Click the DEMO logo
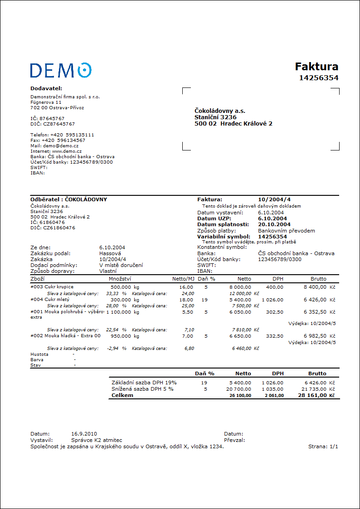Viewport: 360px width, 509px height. (61, 70)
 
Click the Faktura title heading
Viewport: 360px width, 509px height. (316, 67)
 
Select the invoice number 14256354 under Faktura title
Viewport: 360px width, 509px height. (318, 78)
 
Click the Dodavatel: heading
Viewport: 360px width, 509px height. (46, 88)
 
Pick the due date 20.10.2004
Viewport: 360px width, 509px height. (274, 224)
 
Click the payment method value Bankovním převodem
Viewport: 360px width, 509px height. (287, 231)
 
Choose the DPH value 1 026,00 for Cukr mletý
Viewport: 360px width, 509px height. (272, 300)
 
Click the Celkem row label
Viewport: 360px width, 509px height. (122, 395)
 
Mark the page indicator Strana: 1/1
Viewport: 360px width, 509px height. (323, 446)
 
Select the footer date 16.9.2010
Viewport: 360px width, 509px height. (84, 434)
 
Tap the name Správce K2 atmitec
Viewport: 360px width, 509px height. (97, 440)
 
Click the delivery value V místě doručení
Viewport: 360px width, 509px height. (121, 265)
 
